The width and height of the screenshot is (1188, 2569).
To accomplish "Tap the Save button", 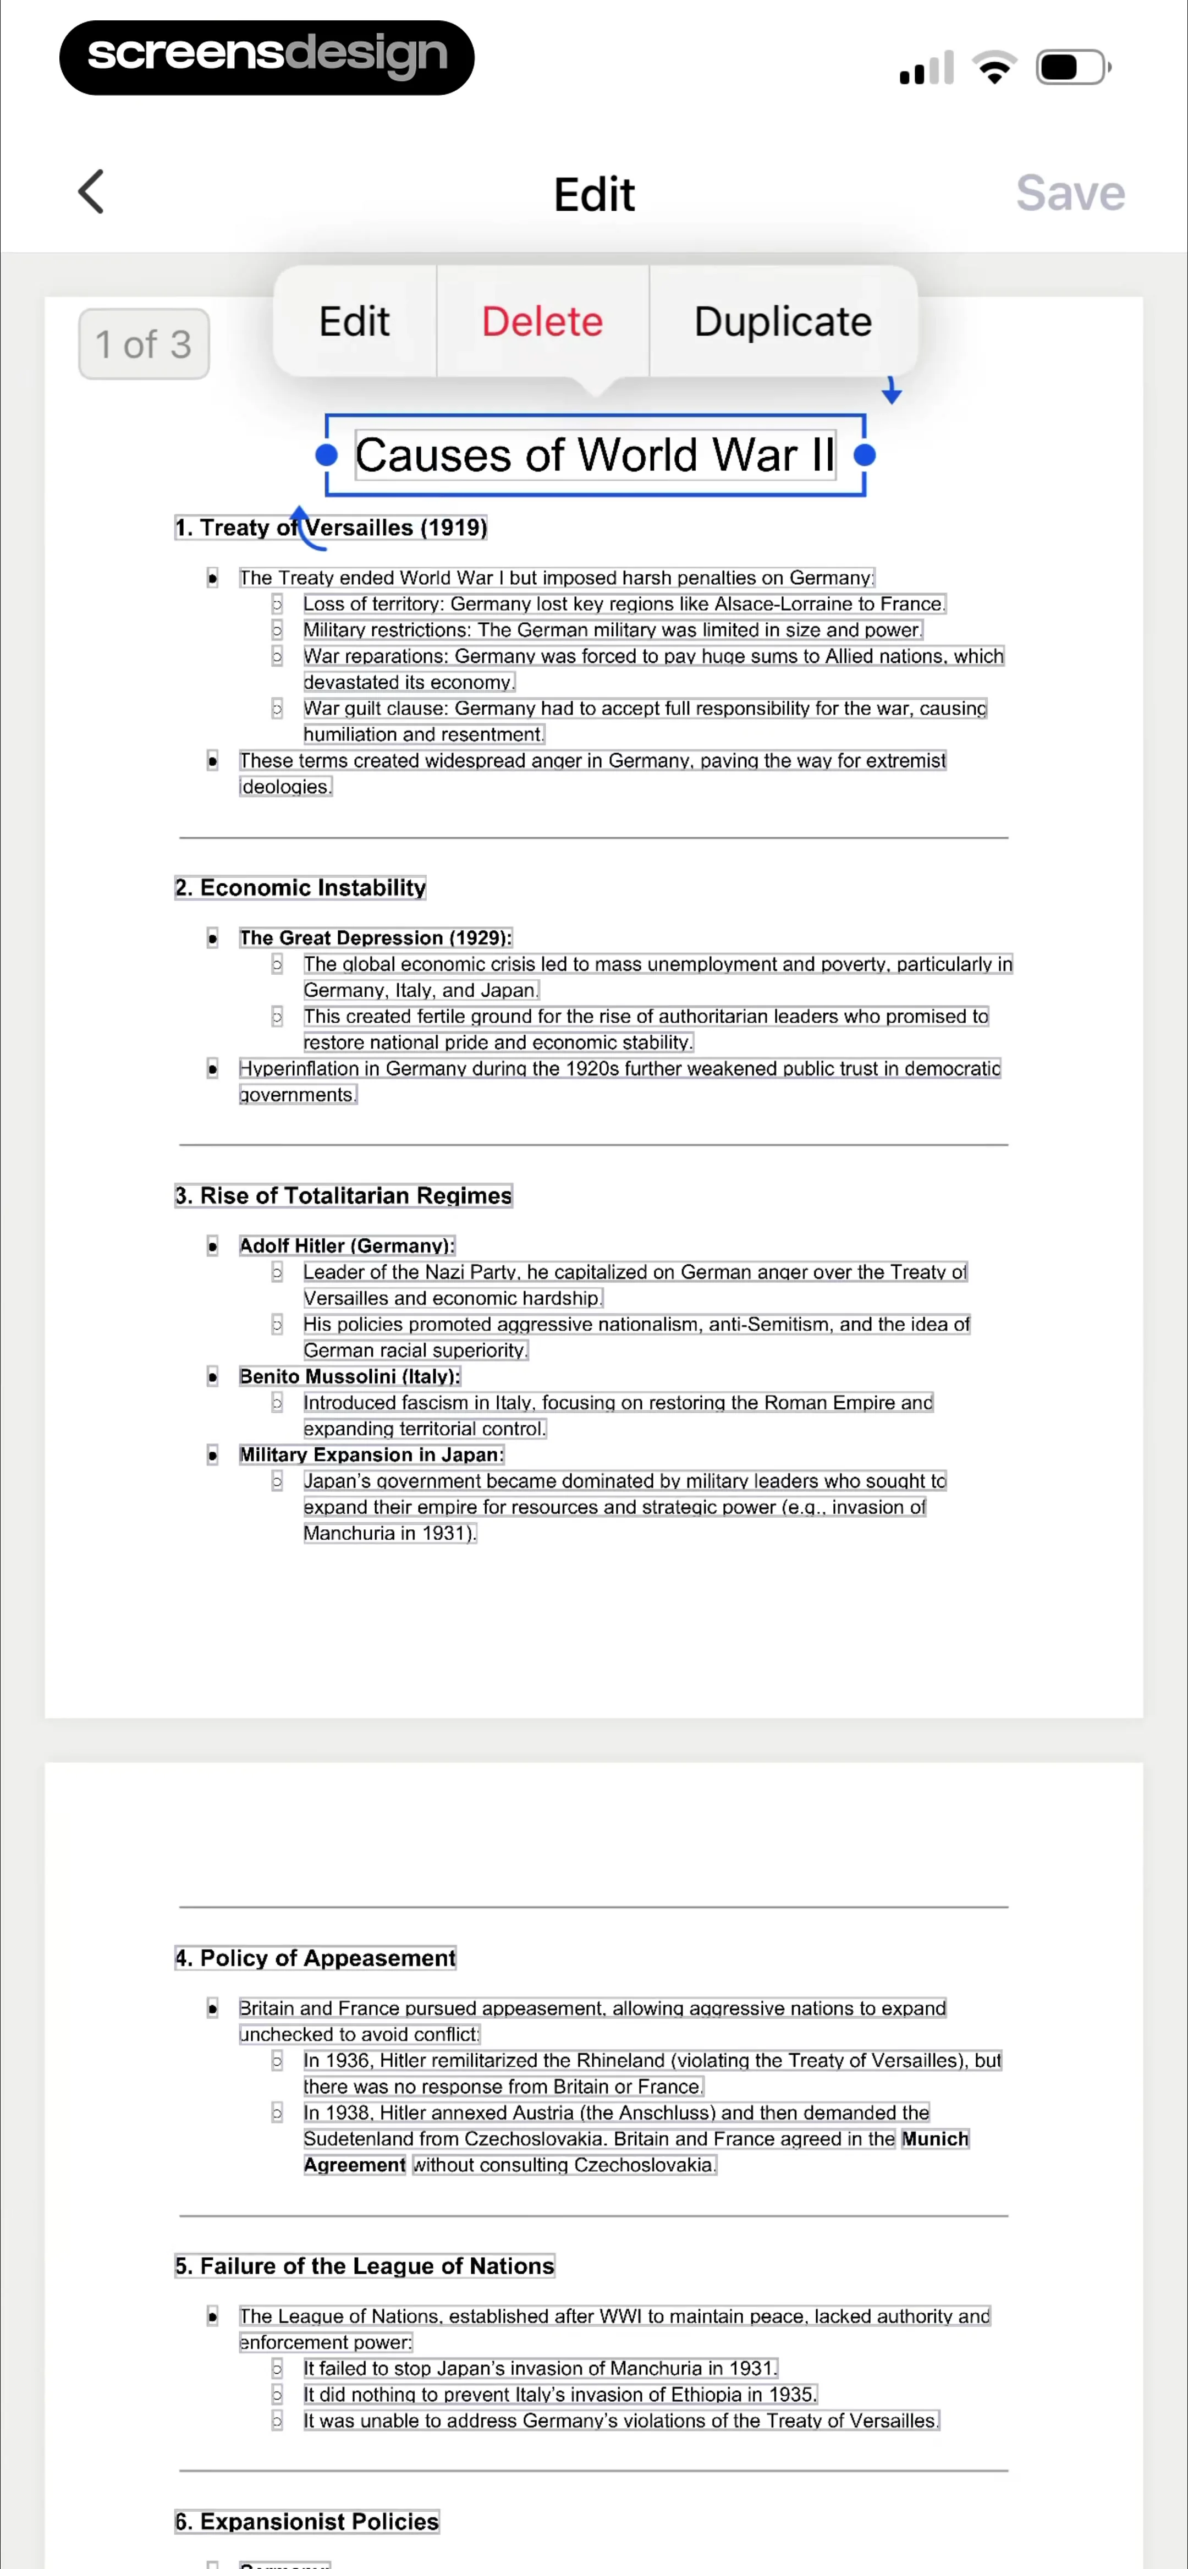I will [1069, 193].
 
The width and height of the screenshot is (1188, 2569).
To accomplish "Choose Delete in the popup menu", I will [542, 321].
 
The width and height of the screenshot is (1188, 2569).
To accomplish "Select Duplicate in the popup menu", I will [783, 321].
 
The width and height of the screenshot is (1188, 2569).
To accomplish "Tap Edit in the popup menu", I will [354, 321].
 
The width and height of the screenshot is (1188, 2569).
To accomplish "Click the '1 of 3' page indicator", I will [144, 344].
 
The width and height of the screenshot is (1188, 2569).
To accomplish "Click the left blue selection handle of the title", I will [326, 455].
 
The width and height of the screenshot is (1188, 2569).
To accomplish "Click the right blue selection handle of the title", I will [865, 455].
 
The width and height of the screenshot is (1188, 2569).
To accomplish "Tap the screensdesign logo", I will [266, 57].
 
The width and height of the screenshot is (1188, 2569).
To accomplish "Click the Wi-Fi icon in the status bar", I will [994, 68].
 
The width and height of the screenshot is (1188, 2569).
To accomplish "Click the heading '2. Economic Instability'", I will [300, 887].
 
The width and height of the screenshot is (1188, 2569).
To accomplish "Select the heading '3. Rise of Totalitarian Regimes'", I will [343, 1196].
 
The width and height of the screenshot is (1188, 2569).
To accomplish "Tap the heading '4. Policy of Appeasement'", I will [315, 1958].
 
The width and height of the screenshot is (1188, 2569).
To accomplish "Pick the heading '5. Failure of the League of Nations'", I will [364, 2266].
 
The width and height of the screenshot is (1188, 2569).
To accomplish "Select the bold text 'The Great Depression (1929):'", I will [375, 937].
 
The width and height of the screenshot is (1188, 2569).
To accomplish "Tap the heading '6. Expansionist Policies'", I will [306, 2521].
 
